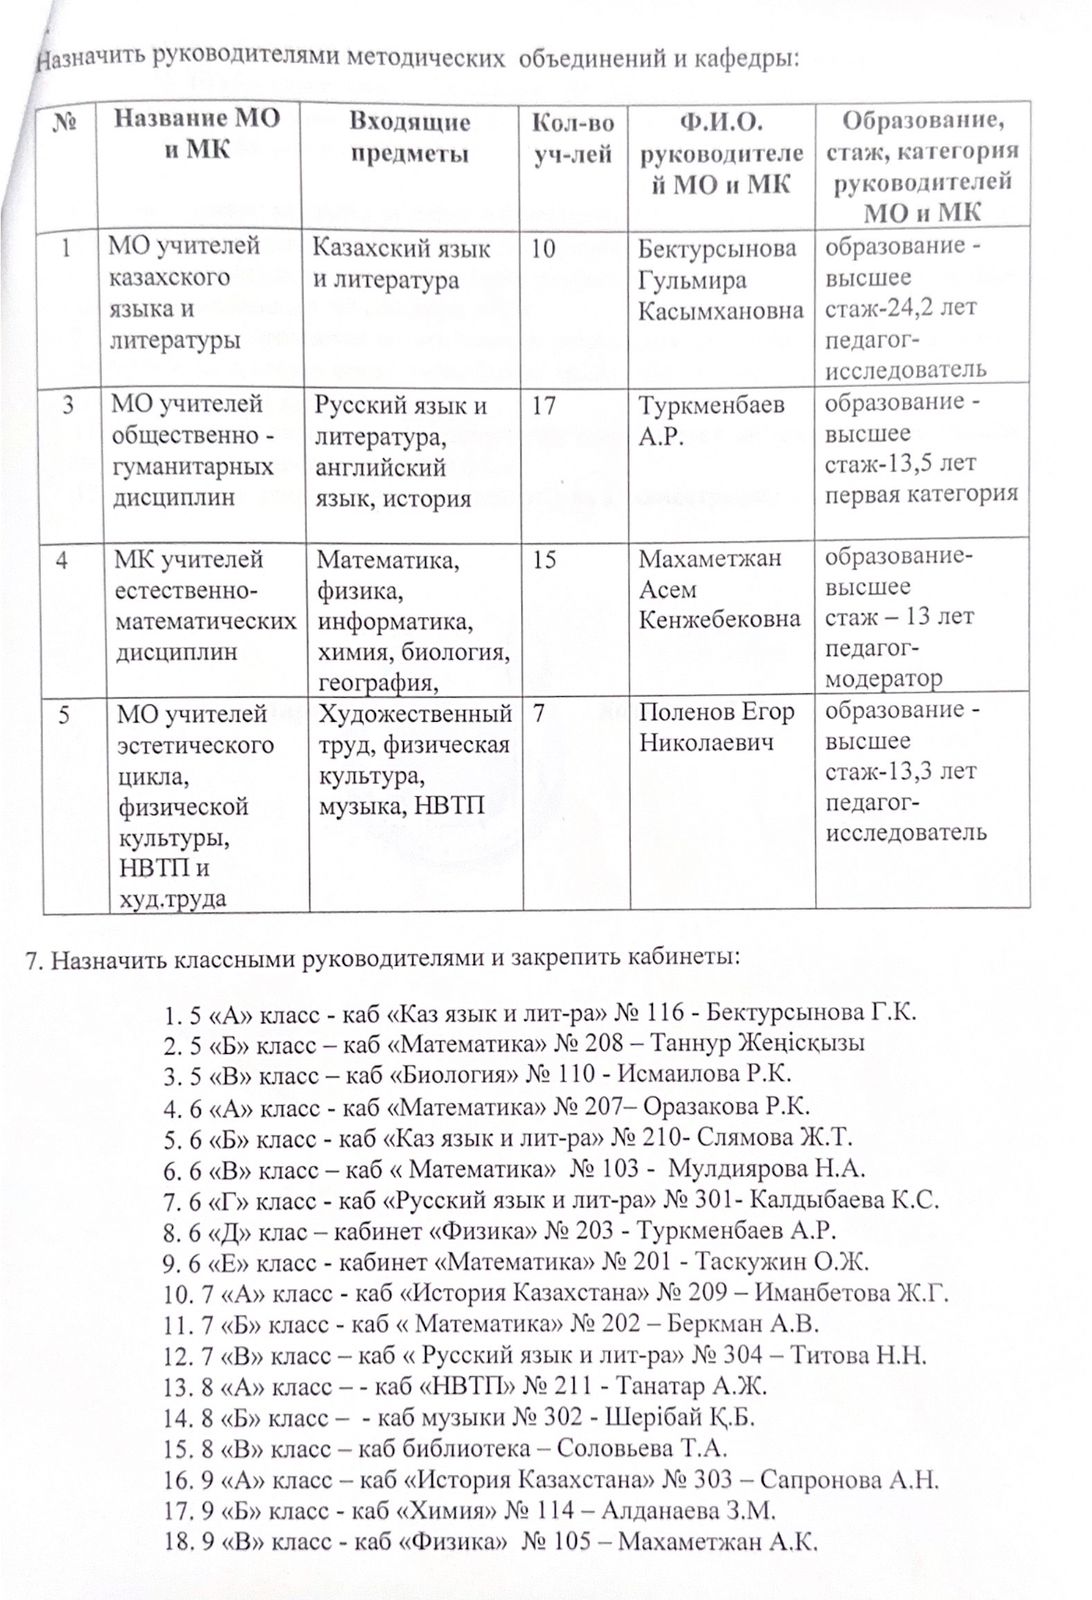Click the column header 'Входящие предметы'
tap(409, 138)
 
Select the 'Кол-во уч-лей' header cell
tap(573, 138)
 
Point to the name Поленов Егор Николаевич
tap(716, 727)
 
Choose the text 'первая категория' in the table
tap(920, 493)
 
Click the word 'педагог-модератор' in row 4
tap(884, 664)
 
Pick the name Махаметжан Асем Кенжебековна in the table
tap(719, 589)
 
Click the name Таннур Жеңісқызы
tap(758, 1043)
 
